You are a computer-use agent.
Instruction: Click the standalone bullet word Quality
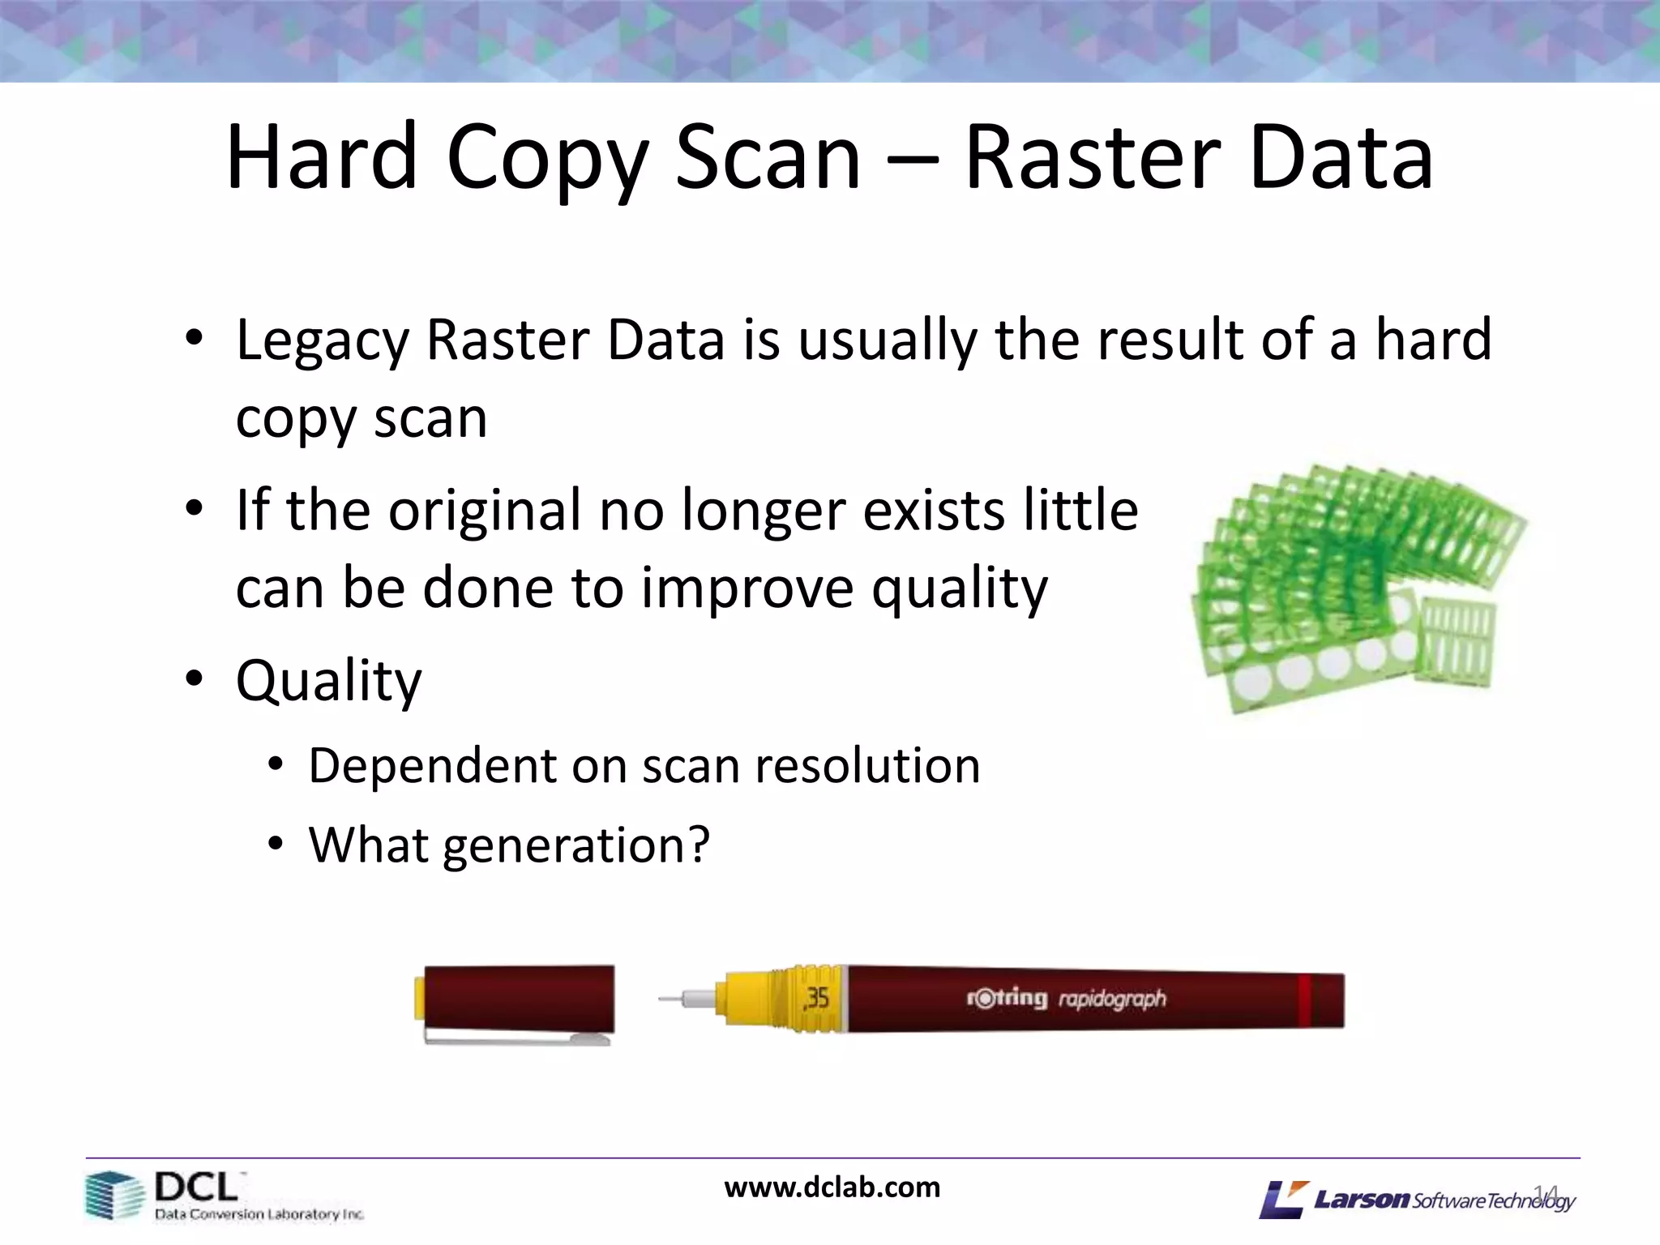pos(328,681)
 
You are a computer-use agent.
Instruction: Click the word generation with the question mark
pos(575,846)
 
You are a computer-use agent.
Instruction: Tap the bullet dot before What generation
pos(276,845)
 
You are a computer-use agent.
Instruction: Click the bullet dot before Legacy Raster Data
pos(193,339)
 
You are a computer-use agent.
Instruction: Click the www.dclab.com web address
pos(832,1187)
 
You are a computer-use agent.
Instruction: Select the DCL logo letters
pos(197,1188)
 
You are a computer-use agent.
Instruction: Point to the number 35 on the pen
pos(816,998)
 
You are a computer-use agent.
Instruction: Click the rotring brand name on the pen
pos(1006,998)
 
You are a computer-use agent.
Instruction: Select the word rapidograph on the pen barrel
pos(1112,999)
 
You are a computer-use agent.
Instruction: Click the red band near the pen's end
pos(1304,1000)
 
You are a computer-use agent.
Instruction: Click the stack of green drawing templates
pos(1354,584)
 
